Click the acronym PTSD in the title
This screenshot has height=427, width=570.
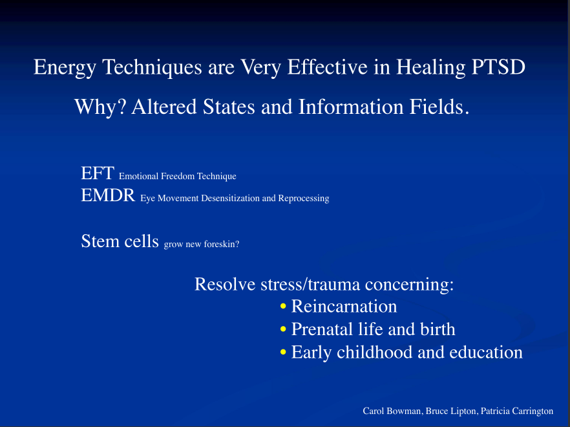pyautogui.click(x=498, y=67)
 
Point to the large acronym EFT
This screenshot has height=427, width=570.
pyautogui.click(x=98, y=173)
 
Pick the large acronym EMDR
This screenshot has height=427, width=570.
pyautogui.click(x=108, y=195)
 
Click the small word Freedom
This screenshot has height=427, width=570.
pyautogui.click(x=178, y=177)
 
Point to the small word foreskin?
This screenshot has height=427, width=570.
pyautogui.click(x=222, y=245)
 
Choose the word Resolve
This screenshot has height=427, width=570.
pyautogui.click(x=225, y=284)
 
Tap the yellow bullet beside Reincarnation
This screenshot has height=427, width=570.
pyautogui.click(x=284, y=306)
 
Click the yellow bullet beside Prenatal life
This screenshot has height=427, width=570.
pyautogui.click(x=284, y=329)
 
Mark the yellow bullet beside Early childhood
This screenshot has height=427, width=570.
pyautogui.click(x=284, y=352)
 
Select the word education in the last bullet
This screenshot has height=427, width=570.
pyautogui.click(x=486, y=353)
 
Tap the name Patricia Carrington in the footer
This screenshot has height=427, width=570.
pyautogui.click(x=517, y=411)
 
